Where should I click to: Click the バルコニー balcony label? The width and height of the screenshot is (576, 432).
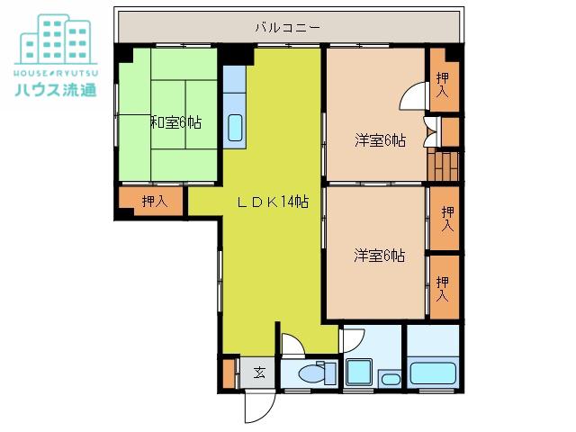[288, 28]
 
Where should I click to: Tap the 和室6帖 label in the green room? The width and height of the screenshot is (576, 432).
[176, 122]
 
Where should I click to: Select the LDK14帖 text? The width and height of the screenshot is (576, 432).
[273, 202]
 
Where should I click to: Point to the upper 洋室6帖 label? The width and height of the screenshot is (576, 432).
[380, 140]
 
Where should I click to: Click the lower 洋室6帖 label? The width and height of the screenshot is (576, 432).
[380, 256]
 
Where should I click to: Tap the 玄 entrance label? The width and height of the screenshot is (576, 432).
[259, 373]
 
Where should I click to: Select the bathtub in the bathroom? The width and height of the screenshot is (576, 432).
[433, 373]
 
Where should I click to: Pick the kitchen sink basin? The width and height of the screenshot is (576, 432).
[235, 128]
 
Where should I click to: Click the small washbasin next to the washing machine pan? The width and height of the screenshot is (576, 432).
[391, 379]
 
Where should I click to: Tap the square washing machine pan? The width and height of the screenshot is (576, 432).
[359, 373]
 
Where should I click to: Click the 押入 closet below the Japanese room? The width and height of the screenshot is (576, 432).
[151, 202]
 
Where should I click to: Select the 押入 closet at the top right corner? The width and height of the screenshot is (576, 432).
[445, 79]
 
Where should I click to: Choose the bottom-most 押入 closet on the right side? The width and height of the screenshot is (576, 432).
[445, 287]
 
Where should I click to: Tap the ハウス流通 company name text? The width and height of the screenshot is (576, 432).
[56, 89]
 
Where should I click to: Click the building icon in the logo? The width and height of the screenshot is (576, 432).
[56, 39]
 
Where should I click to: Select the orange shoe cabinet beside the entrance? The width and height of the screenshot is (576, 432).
[229, 373]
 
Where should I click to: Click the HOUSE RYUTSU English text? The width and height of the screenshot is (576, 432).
[56, 73]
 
